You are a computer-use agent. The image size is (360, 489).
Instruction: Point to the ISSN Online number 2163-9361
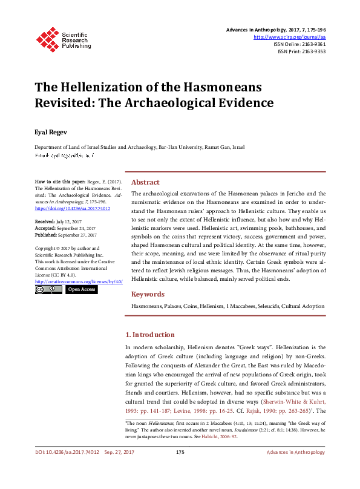click(312, 44)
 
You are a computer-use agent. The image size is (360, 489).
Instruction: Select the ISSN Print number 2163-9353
click(313, 51)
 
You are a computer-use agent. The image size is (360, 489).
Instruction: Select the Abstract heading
click(145, 182)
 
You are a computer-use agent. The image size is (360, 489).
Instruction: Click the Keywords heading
click(148, 294)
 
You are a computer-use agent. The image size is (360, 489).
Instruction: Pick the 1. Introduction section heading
click(149, 335)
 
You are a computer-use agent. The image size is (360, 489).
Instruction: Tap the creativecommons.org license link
click(79, 281)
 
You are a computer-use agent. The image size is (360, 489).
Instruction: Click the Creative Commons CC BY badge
click(48, 290)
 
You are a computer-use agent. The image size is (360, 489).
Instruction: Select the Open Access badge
click(81, 290)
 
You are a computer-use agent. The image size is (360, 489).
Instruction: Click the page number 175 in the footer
click(180, 470)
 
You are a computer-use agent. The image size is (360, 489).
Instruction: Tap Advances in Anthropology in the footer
click(296, 470)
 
